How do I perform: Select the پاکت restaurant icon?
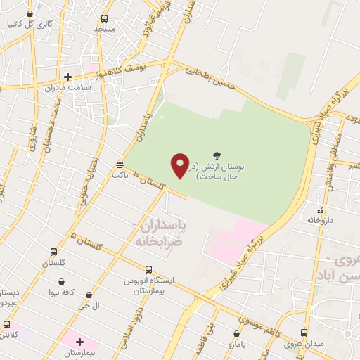(120, 165)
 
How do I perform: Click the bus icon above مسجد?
(105, 19)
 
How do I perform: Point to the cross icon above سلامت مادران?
(68, 77)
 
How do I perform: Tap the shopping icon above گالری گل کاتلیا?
(30, 13)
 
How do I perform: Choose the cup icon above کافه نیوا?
(52, 279)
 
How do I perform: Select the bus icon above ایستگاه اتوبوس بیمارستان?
(148, 269)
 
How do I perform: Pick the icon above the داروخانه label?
(321, 210)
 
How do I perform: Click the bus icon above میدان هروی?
(304, 332)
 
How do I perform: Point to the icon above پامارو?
(236, 333)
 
